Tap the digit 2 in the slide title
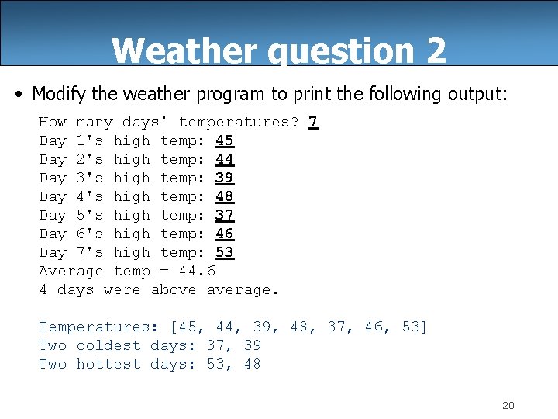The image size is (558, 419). (436, 51)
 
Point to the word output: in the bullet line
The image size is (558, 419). (477, 94)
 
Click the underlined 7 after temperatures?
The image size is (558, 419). (313, 122)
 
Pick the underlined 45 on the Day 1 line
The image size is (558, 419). (225, 140)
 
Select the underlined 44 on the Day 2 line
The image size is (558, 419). (225, 159)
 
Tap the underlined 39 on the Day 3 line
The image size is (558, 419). (225, 178)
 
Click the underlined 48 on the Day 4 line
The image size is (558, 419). (225, 196)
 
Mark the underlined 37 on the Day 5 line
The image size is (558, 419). (225, 215)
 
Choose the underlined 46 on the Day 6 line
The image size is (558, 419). (225, 234)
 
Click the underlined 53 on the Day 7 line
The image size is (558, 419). (225, 252)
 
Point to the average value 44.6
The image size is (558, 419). (197, 271)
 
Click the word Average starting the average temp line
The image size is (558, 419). (71, 271)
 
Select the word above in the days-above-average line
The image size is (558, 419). (174, 289)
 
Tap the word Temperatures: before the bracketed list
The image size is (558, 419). (99, 327)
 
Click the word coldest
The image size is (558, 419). (108, 345)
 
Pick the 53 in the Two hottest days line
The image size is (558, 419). (215, 364)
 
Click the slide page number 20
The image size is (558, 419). (508, 405)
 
